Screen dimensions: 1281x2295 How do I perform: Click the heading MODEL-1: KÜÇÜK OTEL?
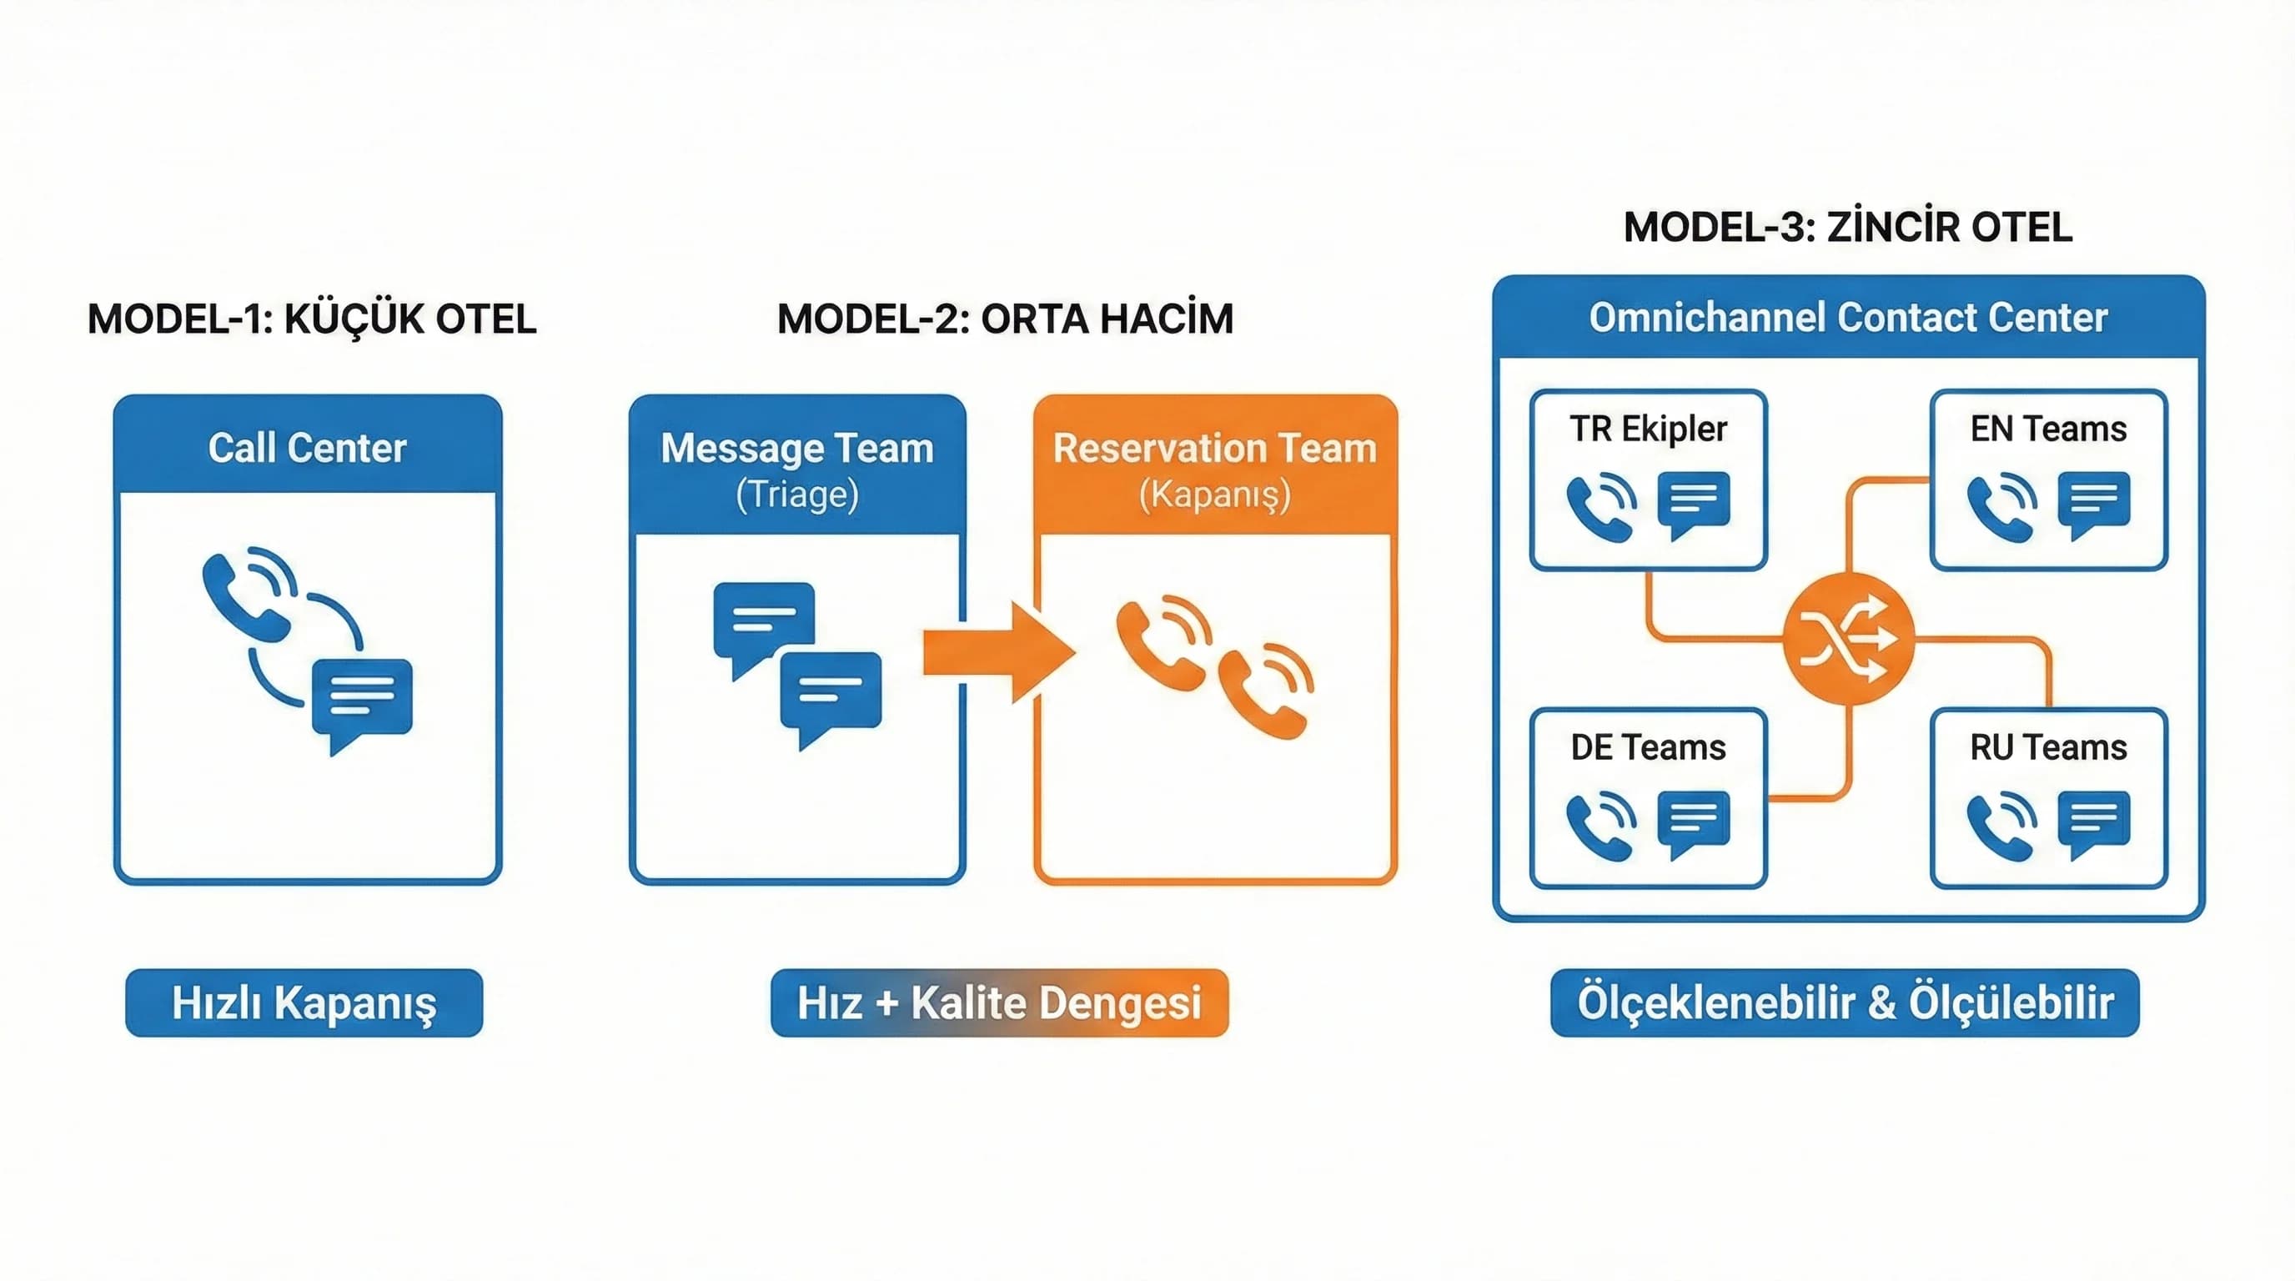[x=312, y=319]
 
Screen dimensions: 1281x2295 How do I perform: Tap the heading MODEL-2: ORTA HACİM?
[x=1005, y=319]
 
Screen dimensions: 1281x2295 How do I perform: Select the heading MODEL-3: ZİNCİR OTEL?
[x=1848, y=227]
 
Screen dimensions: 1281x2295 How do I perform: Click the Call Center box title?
[x=308, y=447]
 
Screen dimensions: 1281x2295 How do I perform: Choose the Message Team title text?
[x=797, y=447]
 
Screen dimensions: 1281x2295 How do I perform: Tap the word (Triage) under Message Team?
[x=797, y=495]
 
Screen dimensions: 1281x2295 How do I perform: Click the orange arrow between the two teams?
[x=998, y=651]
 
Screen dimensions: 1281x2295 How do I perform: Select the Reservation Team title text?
[x=1215, y=447]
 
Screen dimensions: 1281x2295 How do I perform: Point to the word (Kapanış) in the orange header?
[x=1215, y=495]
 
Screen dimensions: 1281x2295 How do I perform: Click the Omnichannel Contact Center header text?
[x=1848, y=318]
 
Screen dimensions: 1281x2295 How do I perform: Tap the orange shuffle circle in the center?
[x=1849, y=639]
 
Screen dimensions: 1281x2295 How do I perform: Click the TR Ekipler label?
[x=1648, y=429]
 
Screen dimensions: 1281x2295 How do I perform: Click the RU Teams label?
[x=2048, y=747]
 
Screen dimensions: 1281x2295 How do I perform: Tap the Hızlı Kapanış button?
[x=304, y=1003]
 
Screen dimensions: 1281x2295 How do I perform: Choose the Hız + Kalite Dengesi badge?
[x=1000, y=1003]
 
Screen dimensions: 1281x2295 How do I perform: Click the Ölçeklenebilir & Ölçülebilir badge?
[x=1845, y=1003]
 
